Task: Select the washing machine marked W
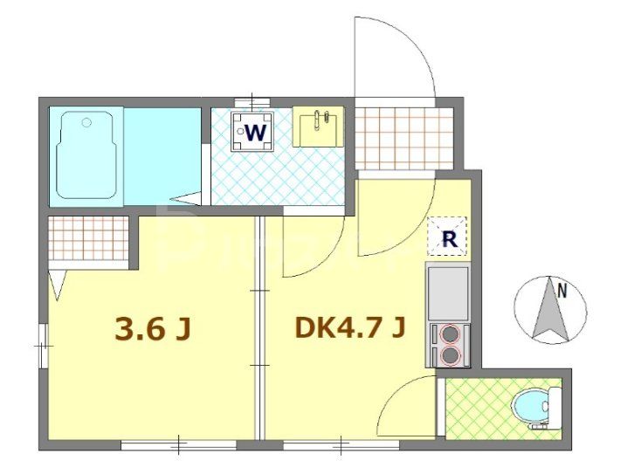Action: [254, 132]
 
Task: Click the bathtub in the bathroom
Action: [86, 155]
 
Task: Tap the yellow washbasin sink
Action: [318, 127]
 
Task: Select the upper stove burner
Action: [451, 333]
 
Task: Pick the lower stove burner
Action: [451, 354]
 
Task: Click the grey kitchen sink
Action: [448, 292]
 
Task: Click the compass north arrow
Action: [548, 311]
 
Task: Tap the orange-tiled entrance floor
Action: [403, 138]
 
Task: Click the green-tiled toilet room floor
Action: [476, 408]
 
